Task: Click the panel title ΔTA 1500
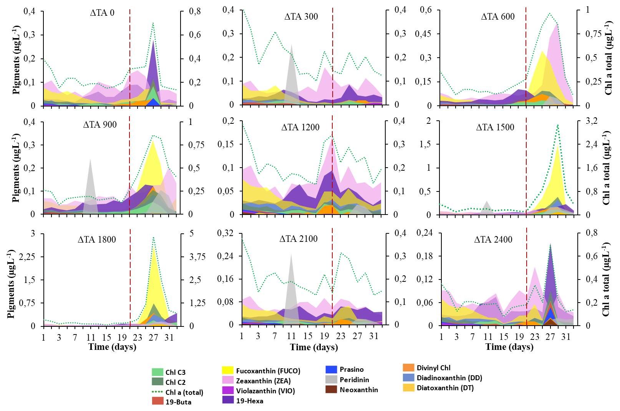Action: tap(495, 127)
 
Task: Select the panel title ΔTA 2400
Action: tap(493, 240)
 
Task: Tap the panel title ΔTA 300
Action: tap(301, 17)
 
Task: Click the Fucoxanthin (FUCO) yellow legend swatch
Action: tap(228, 371)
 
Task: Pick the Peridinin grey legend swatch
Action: tap(331, 379)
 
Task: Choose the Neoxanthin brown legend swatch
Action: tap(331, 389)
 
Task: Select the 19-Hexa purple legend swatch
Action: tap(228, 400)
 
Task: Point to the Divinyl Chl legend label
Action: tap(433, 368)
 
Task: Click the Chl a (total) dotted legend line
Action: tap(157, 392)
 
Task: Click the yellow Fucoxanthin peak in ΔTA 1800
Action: tap(154, 250)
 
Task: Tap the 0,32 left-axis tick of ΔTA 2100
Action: tap(225, 233)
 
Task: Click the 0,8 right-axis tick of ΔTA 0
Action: tap(195, 12)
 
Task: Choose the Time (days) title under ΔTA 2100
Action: tap(314, 347)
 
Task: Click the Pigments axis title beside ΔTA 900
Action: tap(16, 168)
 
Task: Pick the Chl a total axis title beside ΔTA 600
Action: tap(608, 58)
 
